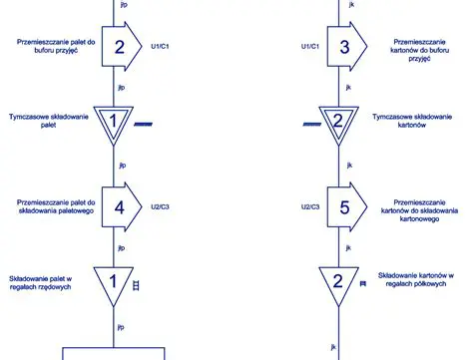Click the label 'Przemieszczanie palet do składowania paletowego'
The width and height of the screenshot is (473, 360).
click(55, 207)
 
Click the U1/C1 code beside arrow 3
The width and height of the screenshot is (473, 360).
click(311, 45)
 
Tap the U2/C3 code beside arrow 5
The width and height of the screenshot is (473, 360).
click(310, 206)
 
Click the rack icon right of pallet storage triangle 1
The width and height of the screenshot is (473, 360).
click(137, 285)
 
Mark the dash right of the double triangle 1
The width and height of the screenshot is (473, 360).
click(143, 124)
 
